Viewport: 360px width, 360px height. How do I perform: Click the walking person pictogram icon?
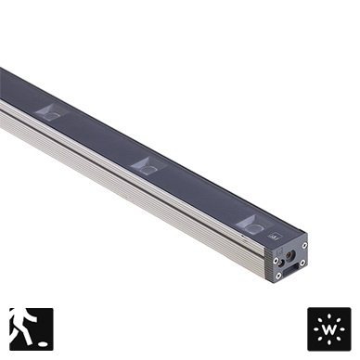point(32,328)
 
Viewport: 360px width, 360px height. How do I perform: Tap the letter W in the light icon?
point(329,329)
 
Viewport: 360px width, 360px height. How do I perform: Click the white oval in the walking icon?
point(43,343)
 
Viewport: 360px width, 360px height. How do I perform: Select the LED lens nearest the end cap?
point(254,226)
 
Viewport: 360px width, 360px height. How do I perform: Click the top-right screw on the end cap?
point(304,245)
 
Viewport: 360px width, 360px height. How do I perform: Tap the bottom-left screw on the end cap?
point(278,275)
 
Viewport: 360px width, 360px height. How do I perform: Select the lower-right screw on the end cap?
point(302,263)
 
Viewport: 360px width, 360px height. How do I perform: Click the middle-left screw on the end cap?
point(276,261)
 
